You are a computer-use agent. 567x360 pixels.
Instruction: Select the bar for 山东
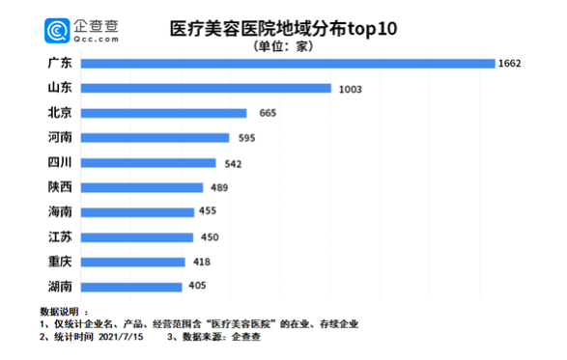coord(208,88)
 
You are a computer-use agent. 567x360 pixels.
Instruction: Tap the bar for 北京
coord(164,113)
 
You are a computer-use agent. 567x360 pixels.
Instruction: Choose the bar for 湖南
coord(131,286)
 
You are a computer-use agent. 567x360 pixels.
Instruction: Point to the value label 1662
coord(510,64)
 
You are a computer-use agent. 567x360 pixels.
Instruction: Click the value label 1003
coord(350,89)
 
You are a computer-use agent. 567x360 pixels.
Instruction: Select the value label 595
coord(245,138)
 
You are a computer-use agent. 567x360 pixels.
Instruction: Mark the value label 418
coord(199,262)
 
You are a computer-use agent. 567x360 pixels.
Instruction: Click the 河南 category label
coord(59,137)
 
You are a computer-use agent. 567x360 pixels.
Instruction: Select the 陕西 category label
coord(59,186)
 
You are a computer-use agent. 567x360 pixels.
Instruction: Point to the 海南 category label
coord(59,211)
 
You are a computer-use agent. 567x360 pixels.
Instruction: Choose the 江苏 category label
coord(59,236)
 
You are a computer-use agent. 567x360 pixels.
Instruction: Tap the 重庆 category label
coord(59,261)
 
